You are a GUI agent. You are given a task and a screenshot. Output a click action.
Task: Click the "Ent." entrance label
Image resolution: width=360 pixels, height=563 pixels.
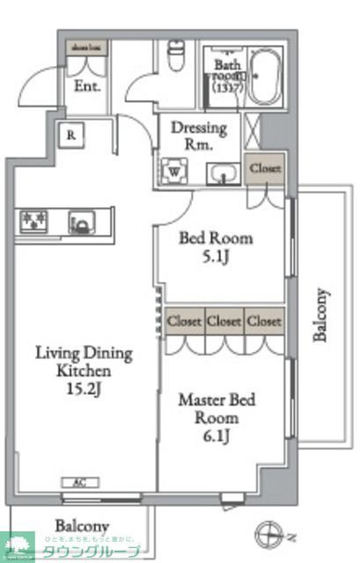point(86,87)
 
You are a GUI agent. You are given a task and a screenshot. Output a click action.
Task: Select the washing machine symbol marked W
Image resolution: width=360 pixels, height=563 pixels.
point(174,171)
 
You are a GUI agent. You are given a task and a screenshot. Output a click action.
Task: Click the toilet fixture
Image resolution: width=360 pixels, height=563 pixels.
point(173,59)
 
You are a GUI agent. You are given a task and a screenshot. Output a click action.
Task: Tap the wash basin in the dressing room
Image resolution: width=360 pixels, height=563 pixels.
point(223,174)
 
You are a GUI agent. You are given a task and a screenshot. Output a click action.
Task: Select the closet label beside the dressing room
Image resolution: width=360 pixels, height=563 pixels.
point(265,167)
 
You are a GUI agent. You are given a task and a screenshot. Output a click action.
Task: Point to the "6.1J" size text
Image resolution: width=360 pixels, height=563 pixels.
point(217,436)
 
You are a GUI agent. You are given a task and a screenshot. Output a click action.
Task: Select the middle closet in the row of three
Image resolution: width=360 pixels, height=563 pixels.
point(224,321)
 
